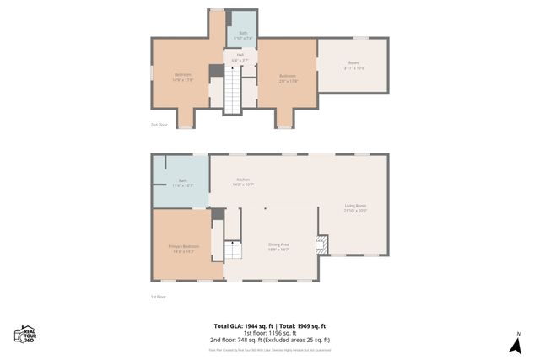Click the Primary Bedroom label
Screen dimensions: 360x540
[182, 249]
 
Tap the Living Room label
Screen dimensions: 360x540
[354, 207]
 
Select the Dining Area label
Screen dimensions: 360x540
[278, 246]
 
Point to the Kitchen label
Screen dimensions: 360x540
[243, 182]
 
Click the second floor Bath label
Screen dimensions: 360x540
[242, 35]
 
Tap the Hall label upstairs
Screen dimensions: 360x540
[240, 58]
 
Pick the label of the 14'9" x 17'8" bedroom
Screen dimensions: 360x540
[183, 78]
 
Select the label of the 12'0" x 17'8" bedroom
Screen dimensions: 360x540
[289, 78]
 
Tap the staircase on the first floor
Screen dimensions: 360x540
[232, 250]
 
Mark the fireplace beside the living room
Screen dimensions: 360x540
[321, 244]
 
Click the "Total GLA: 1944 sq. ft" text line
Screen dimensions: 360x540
[269, 325]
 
